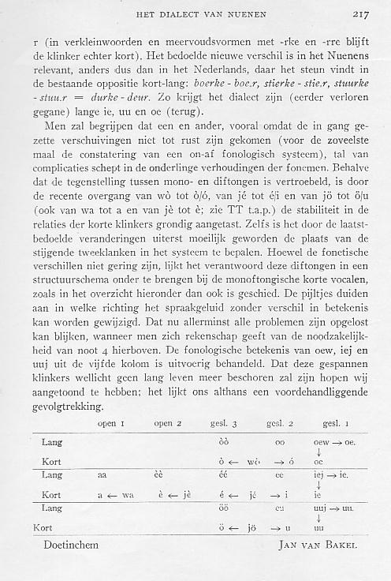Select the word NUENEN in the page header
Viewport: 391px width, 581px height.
tap(248, 13)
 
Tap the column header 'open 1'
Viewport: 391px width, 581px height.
tap(112, 424)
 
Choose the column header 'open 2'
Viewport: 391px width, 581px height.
tap(168, 424)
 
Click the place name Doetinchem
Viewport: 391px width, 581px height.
tap(66, 545)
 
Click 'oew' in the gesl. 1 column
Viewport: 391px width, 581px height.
tap(321, 442)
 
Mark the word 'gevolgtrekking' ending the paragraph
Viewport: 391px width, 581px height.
tap(72, 408)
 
